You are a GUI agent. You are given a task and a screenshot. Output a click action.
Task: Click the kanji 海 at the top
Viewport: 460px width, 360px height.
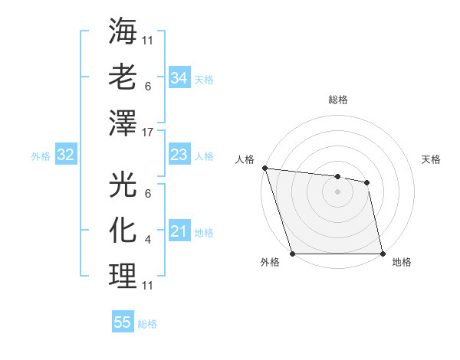pos(123,31)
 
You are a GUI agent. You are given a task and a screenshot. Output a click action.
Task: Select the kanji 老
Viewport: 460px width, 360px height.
pos(123,77)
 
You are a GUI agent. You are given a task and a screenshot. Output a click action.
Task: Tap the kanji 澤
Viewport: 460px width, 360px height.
pos(123,123)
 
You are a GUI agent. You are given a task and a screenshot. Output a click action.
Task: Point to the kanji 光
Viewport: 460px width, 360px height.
pos(123,185)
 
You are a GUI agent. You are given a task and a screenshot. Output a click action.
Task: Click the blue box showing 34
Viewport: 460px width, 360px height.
pos(179,77)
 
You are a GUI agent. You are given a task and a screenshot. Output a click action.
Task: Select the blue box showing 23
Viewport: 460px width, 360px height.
pos(179,155)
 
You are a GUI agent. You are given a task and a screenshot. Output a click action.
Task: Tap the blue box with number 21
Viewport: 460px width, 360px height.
pos(179,231)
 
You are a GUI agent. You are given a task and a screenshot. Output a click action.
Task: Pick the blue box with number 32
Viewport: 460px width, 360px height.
pos(66,155)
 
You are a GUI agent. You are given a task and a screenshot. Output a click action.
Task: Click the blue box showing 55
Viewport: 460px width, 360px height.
pos(123,322)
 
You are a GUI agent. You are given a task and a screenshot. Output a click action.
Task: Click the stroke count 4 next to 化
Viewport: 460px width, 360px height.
pos(148,240)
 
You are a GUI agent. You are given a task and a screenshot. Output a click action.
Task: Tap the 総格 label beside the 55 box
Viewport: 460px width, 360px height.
pos(147,324)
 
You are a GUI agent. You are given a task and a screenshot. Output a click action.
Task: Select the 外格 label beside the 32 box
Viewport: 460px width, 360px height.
pos(41,156)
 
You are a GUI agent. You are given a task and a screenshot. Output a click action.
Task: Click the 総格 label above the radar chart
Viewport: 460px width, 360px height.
pos(338,100)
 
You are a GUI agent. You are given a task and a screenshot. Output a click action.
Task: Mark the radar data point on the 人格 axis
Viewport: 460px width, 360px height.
pos(264,168)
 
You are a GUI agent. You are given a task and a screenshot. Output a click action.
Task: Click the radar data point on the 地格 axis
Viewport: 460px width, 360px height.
pos(382,253)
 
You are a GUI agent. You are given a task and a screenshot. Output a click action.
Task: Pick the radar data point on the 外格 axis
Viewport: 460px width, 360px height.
pos(293,253)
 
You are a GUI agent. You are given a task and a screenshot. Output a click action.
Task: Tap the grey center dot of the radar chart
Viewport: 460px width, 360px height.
pos(338,191)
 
